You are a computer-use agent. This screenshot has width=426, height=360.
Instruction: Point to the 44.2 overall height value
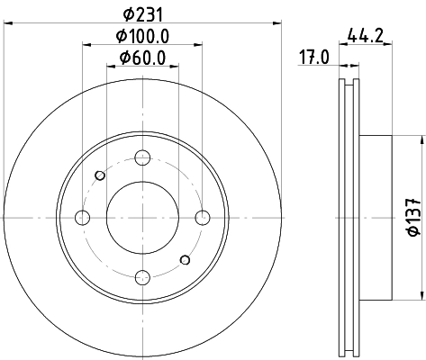coord(362,37)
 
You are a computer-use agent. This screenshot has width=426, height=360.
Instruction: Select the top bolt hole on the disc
coord(142,158)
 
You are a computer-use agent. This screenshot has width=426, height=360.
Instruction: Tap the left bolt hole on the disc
coord(83,217)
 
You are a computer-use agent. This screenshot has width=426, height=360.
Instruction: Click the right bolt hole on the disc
coord(202,217)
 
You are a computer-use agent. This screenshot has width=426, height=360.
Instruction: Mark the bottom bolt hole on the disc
coord(142,276)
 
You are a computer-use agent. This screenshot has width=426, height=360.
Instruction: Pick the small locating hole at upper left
coord(99,175)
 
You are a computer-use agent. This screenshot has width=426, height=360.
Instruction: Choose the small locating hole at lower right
coord(185,260)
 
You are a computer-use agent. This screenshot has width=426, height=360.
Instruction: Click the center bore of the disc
coord(142,217)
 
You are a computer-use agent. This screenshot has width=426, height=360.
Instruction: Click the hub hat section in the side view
coord(376,217)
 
